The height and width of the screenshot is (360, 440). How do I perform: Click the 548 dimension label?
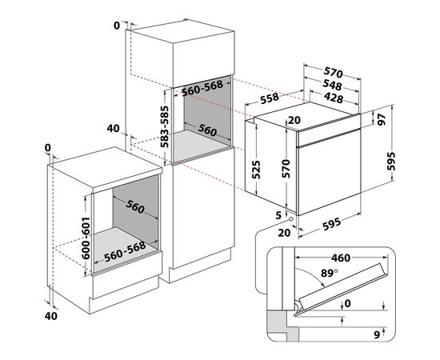pyautogui.click(x=333, y=86)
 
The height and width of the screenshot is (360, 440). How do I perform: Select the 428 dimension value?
pyautogui.click(x=333, y=98)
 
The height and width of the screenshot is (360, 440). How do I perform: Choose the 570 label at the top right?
pyautogui.click(x=333, y=71)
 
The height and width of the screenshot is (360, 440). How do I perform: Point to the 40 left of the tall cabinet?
pyautogui.click(x=112, y=128)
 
